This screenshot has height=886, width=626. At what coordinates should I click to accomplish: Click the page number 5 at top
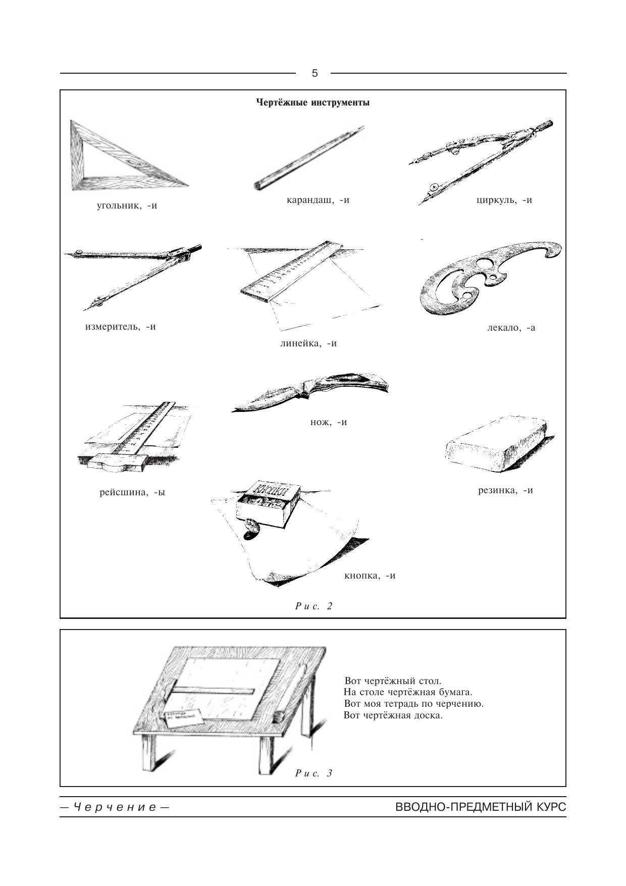tap(315, 73)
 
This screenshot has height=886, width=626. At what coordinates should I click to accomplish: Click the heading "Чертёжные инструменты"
tap(312, 102)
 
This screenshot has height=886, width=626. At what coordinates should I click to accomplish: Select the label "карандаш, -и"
tap(318, 200)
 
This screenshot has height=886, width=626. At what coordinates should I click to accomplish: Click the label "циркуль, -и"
tap(504, 200)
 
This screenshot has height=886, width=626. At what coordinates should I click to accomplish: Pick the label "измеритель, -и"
tap(120, 327)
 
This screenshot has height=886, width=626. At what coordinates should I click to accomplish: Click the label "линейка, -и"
tap(308, 343)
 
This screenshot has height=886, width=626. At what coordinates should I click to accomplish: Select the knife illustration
tap(310, 393)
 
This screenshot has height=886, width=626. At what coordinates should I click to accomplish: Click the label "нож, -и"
tap(329, 422)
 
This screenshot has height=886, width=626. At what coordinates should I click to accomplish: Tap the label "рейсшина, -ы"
tap(132, 492)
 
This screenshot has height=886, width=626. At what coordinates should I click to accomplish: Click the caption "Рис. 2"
tap(314, 606)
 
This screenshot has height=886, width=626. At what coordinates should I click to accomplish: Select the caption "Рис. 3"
tap(314, 773)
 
